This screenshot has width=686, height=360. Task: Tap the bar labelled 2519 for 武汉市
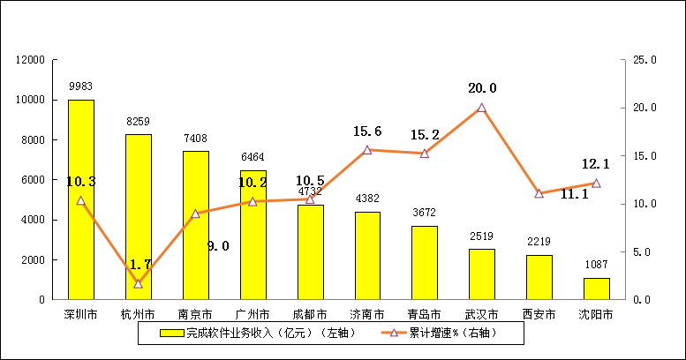click(x=481, y=274)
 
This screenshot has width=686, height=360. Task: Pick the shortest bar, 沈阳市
click(x=596, y=289)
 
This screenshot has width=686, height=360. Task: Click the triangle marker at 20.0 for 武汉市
click(x=481, y=108)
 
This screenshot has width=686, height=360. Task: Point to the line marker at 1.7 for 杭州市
click(x=139, y=283)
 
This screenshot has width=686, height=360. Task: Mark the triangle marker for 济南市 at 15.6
click(x=367, y=150)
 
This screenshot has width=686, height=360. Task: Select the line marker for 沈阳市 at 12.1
click(x=596, y=184)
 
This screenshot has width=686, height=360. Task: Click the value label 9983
click(x=81, y=86)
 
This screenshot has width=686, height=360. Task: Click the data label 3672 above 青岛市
click(x=424, y=213)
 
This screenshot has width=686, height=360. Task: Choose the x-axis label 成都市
click(x=310, y=313)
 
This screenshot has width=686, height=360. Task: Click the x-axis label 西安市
click(x=539, y=313)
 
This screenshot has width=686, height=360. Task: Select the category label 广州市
click(x=253, y=313)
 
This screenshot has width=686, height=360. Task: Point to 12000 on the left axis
click(x=29, y=60)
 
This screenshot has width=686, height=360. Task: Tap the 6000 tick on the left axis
click(x=33, y=180)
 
